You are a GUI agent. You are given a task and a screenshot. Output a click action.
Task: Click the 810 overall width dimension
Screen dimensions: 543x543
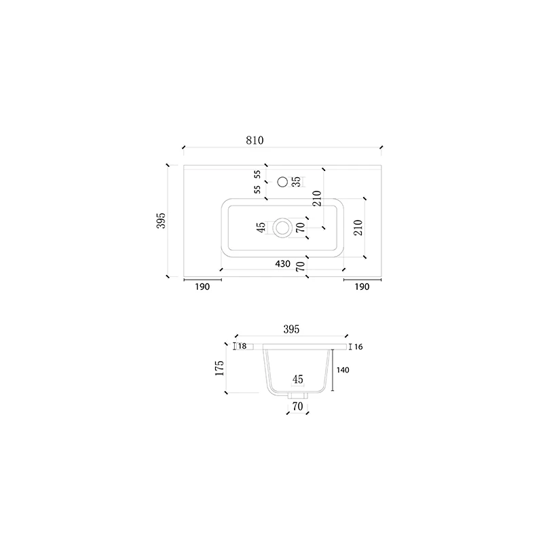(x=255, y=141)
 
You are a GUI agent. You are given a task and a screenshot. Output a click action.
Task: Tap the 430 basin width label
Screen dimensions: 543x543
(x=282, y=264)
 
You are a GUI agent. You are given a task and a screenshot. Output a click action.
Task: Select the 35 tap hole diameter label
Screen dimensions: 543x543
(x=297, y=182)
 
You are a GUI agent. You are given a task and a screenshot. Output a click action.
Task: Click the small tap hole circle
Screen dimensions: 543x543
(x=283, y=182)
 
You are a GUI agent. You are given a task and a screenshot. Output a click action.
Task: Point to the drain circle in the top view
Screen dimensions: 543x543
(x=282, y=228)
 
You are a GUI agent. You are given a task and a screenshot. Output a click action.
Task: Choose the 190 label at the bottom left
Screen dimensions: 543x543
(x=202, y=286)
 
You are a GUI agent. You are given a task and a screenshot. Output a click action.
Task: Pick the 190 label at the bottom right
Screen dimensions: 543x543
(x=362, y=286)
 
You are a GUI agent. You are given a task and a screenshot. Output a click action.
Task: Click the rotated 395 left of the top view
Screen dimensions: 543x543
(x=162, y=221)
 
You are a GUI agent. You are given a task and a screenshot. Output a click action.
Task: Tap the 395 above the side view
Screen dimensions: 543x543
(x=291, y=329)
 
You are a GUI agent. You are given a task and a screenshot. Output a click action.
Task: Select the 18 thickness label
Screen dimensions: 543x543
(x=242, y=346)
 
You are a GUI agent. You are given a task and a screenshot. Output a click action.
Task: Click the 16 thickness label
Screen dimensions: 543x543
(x=358, y=347)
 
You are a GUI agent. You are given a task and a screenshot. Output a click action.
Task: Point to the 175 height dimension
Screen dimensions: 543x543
(x=219, y=368)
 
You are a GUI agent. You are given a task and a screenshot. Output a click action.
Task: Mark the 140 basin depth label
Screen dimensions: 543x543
(x=343, y=370)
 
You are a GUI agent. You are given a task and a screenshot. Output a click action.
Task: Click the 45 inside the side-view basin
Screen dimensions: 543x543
(x=298, y=379)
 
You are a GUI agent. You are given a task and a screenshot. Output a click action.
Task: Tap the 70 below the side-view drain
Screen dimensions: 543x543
(x=298, y=406)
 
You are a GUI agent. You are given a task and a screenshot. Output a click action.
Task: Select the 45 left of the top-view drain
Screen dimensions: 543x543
(x=261, y=227)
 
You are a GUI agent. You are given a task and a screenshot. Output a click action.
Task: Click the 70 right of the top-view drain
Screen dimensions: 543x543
(x=301, y=227)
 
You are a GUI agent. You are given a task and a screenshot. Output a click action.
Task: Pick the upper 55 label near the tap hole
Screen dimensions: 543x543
(x=257, y=174)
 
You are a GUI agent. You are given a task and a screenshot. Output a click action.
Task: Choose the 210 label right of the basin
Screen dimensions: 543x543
(x=358, y=227)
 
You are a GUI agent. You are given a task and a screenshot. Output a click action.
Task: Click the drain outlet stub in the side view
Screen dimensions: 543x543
(x=298, y=395)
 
